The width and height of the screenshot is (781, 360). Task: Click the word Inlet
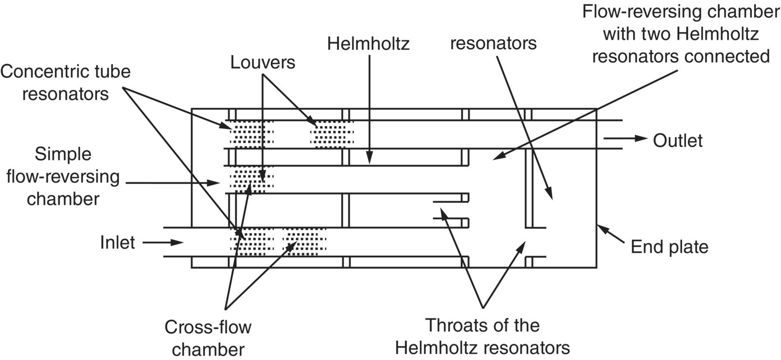118,242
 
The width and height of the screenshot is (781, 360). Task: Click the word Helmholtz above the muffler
369,44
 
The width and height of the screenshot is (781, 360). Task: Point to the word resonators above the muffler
494,44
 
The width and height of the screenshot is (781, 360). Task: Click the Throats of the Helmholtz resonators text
482,336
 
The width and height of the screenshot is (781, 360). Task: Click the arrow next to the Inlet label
163,242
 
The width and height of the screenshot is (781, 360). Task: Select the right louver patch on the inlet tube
305,242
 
